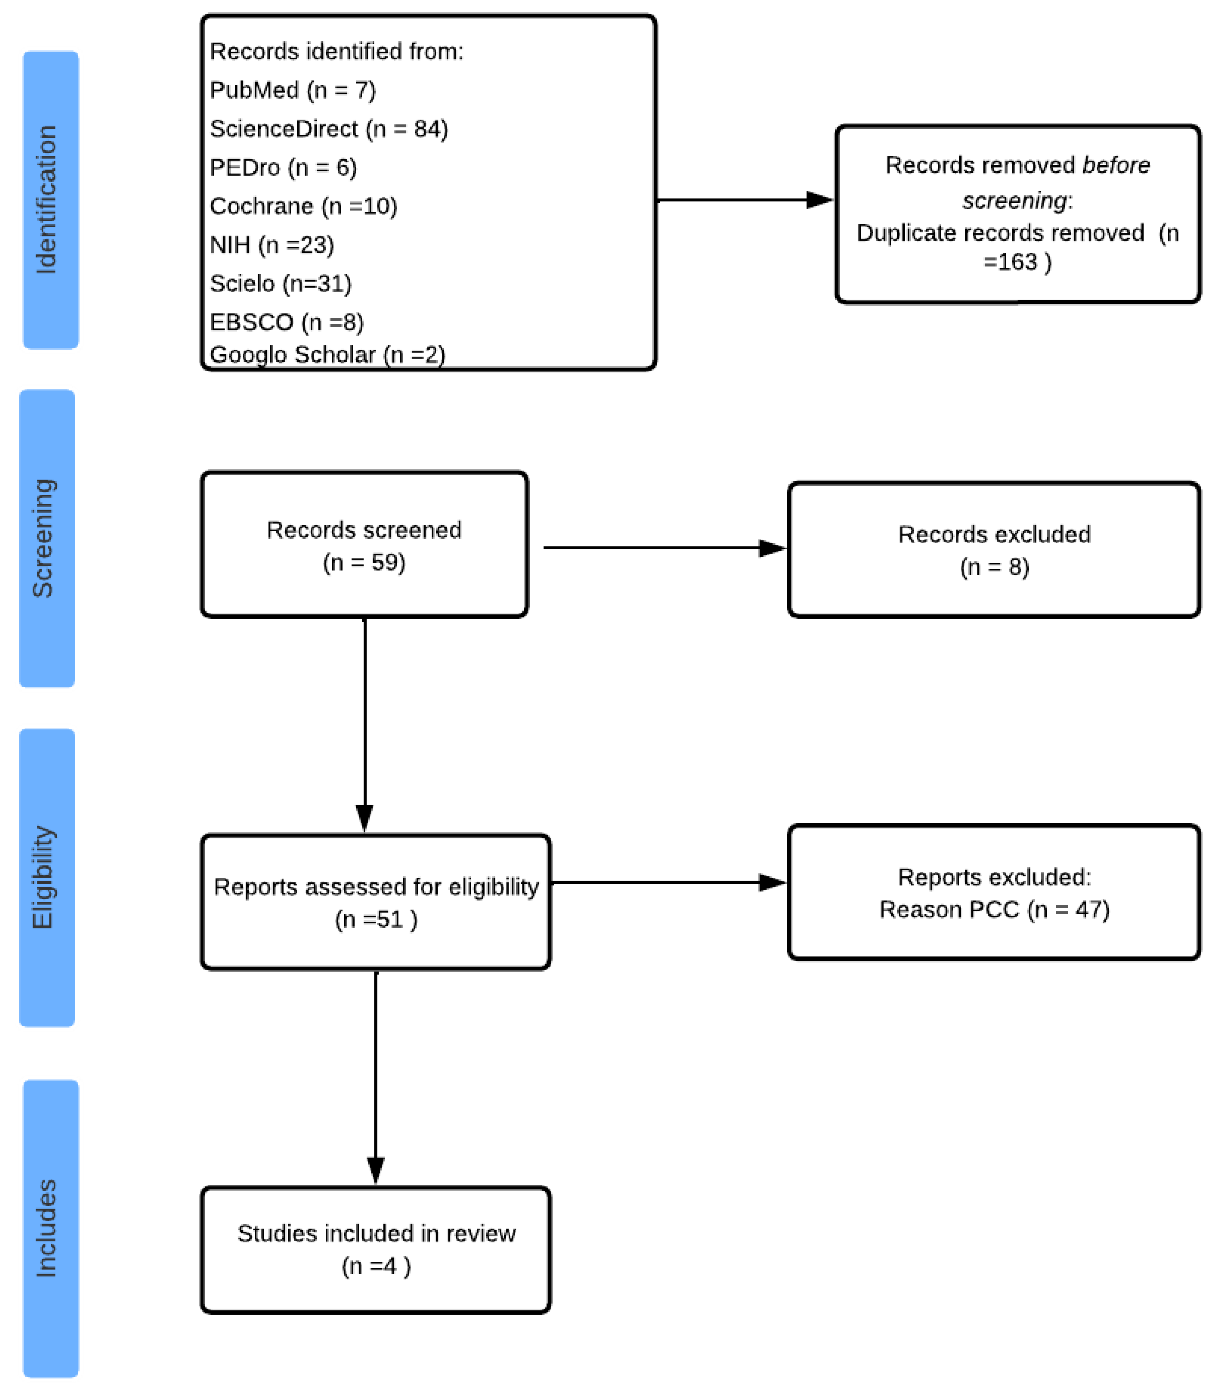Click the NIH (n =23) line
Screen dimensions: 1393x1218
pos(272,245)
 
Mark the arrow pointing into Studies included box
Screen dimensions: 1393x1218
pos(376,1082)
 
